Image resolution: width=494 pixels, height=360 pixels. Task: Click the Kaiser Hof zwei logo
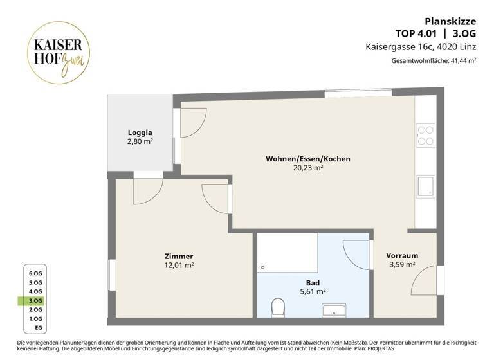[58, 51]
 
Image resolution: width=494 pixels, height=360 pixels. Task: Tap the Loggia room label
[140, 132]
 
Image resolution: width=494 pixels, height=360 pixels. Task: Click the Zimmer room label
[178, 256]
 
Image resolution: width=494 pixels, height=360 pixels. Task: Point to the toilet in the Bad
[279, 307]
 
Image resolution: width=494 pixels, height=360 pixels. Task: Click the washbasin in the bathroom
[334, 312]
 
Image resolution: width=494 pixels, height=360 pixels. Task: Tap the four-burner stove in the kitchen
[426, 135]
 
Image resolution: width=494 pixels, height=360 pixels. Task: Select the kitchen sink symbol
[426, 186]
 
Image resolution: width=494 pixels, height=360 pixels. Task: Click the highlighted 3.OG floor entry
[35, 300]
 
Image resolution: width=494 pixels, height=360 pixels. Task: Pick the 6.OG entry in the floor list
[35, 273]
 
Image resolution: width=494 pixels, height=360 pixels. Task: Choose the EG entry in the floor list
[37, 327]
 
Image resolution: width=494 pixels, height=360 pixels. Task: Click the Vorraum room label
[402, 255]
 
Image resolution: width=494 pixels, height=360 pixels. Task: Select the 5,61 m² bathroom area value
[312, 291]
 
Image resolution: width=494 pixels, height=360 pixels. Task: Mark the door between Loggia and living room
[192, 122]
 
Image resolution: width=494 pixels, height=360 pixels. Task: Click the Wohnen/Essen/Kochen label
[307, 158]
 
